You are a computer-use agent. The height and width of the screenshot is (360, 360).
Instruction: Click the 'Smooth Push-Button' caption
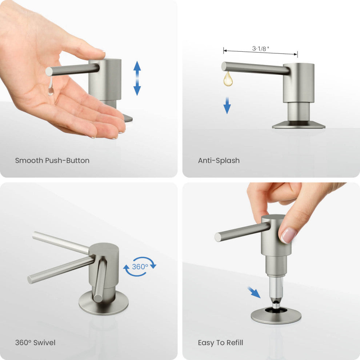[x=52, y=160]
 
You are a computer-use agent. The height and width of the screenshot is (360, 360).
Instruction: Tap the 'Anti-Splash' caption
[x=219, y=160]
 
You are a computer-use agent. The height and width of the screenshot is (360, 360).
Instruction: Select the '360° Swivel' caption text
[x=35, y=343]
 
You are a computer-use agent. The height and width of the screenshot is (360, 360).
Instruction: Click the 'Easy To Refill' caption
[x=220, y=343]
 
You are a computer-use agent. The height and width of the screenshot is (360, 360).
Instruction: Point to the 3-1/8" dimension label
[x=261, y=49]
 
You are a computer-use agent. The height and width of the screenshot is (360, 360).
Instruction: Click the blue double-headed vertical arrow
[x=137, y=78]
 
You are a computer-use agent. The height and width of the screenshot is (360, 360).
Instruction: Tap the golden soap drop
[x=228, y=79]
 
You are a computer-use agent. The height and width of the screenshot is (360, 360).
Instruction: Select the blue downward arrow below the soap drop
[x=227, y=105]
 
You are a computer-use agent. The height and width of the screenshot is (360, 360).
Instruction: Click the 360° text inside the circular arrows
[x=140, y=267]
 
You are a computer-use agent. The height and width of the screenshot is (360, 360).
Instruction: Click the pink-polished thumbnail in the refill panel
[x=289, y=236]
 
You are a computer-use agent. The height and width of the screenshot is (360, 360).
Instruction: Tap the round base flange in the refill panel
[x=276, y=316]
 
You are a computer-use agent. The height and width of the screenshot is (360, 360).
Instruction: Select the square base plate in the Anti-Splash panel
[x=299, y=125]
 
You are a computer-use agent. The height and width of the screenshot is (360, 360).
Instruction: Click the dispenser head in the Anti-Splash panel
[x=299, y=82]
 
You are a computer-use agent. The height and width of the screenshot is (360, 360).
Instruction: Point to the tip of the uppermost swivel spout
[x=35, y=235]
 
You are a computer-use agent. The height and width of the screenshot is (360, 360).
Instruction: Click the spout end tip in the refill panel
[x=218, y=237]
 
